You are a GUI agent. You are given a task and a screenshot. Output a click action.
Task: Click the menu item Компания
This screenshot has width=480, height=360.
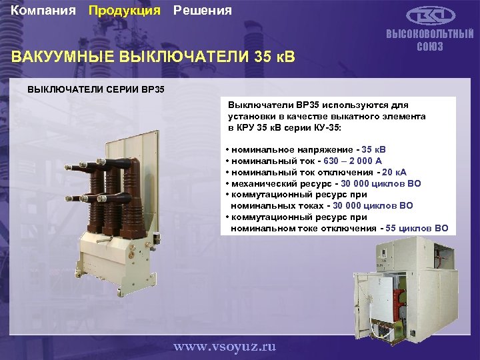pos(45,11)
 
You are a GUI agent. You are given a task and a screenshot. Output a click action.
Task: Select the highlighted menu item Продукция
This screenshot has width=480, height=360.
pos(125,11)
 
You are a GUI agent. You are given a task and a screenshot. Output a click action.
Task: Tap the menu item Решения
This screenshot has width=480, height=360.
pos(203,11)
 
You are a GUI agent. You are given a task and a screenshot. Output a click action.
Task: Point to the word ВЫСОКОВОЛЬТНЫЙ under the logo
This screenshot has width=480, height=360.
pos(430,35)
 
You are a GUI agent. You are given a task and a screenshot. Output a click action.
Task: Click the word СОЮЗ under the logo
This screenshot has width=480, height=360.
pos(430,47)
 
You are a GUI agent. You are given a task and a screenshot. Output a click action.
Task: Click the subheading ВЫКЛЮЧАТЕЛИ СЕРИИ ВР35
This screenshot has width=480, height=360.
pos(95,89)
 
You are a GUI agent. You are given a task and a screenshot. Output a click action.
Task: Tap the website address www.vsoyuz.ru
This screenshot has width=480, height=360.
pos(224,347)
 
